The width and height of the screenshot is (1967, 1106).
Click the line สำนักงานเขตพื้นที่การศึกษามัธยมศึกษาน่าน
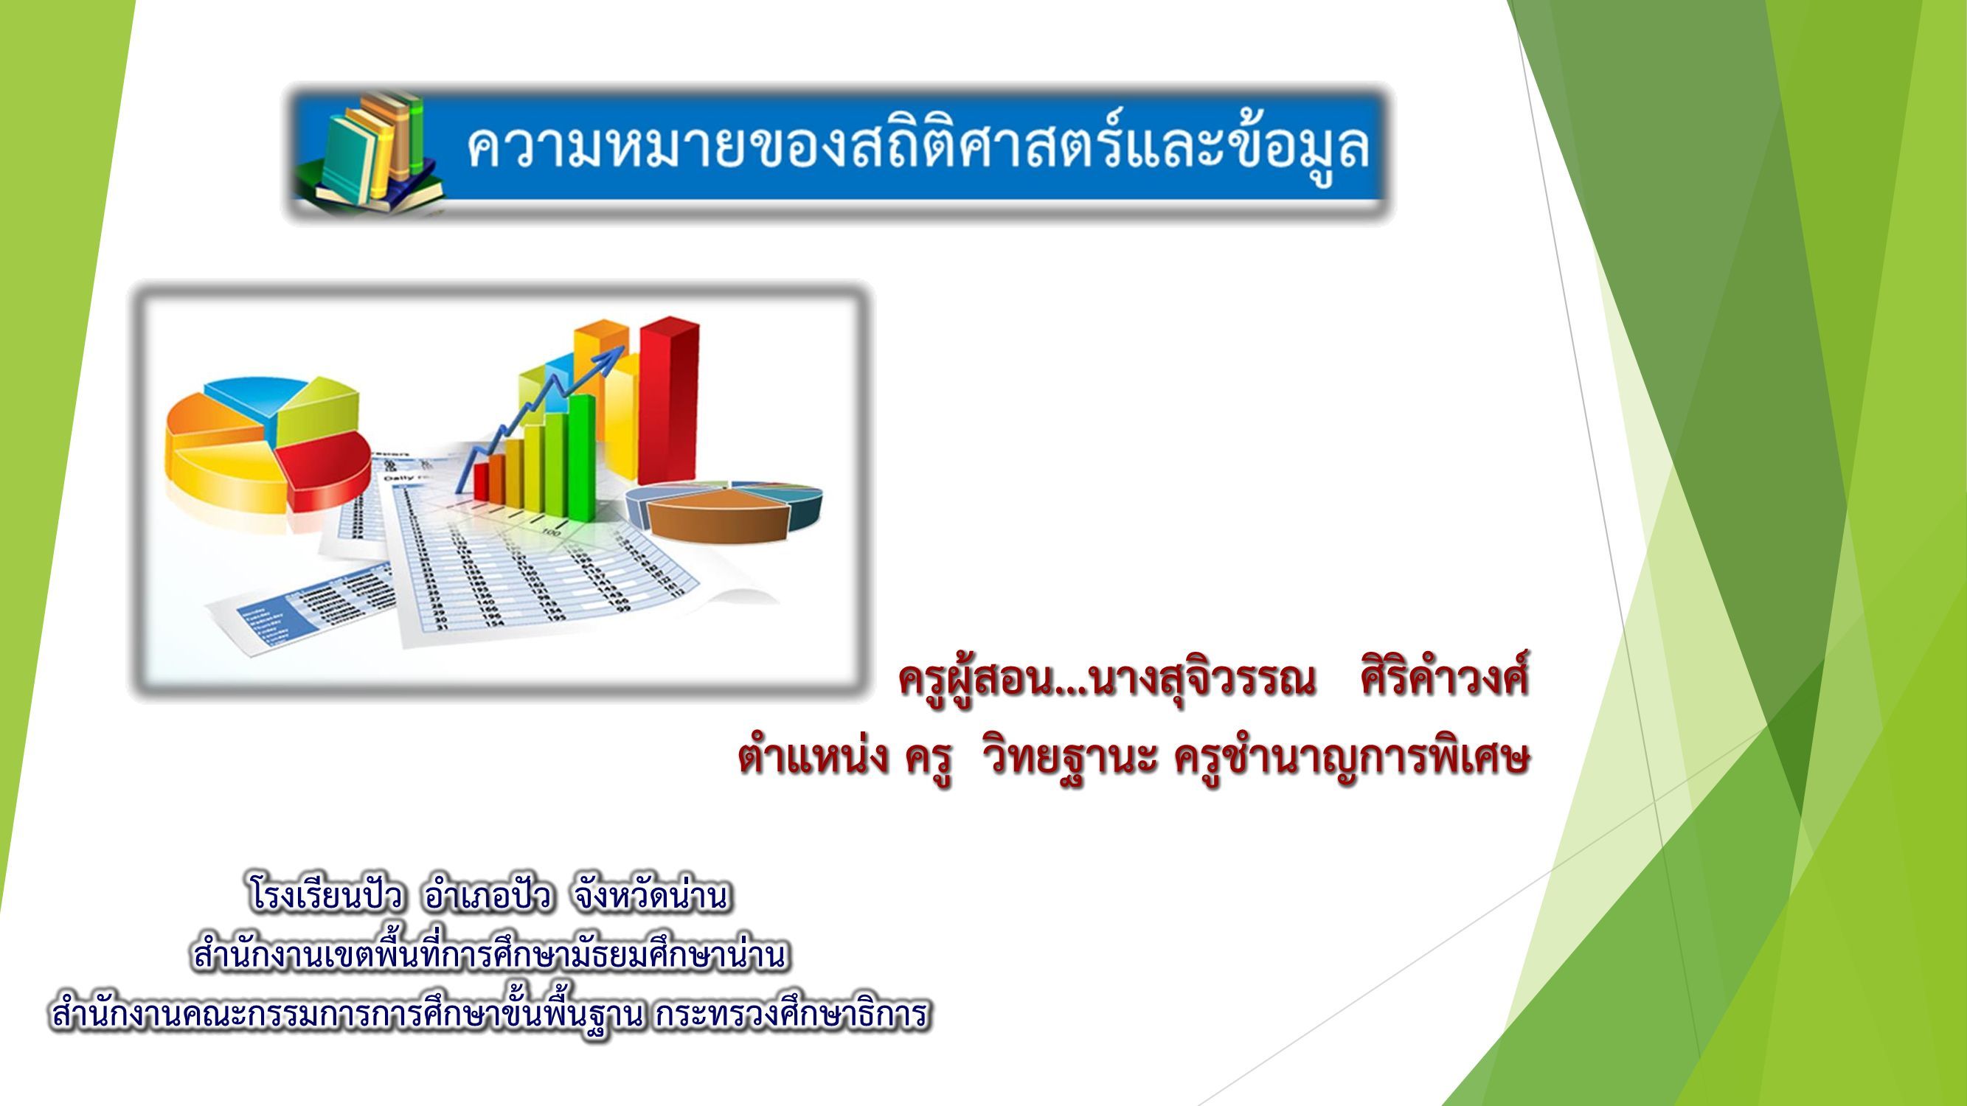489,956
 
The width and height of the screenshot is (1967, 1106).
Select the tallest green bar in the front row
583,453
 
